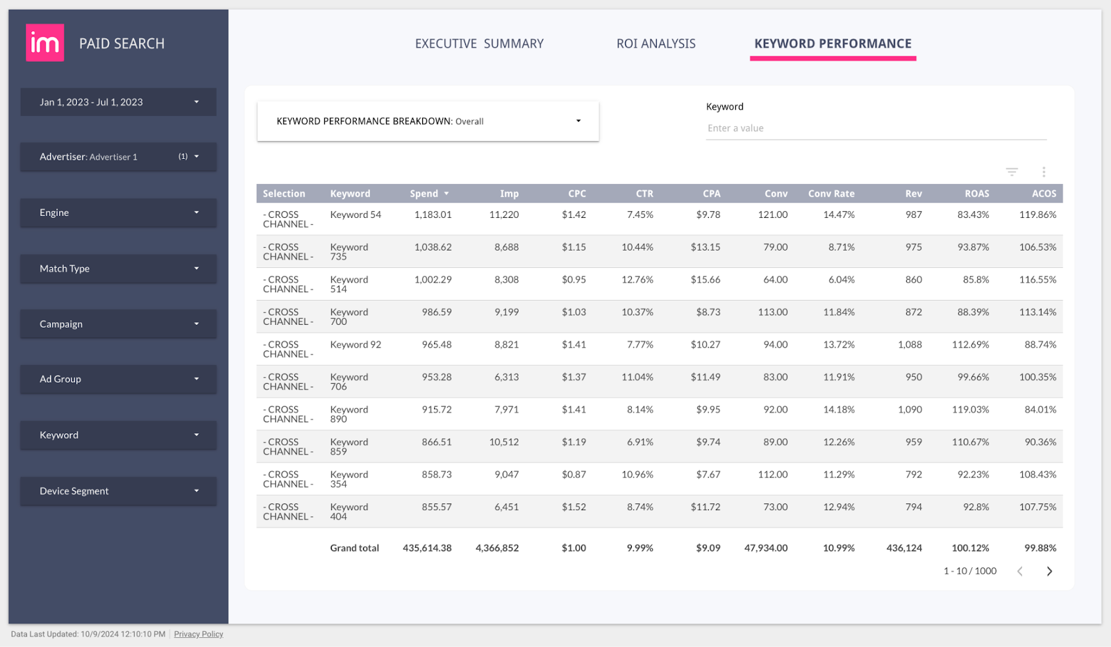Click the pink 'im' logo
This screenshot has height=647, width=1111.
[45, 43]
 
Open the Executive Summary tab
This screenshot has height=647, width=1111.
[479, 44]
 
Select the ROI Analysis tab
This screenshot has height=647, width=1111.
[655, 44]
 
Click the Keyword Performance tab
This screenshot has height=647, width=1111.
[833, 44]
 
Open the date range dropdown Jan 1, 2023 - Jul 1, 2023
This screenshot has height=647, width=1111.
[118, 102]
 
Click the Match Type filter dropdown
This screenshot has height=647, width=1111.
[118, 269]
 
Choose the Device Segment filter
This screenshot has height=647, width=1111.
[118, 491]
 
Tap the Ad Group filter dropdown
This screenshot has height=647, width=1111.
[118, 379]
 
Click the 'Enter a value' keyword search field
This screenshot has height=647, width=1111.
[875, 128]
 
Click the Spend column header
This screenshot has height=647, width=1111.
[424, 194]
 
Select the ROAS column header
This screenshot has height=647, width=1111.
[976, 194]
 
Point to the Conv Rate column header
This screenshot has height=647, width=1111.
[831, 194]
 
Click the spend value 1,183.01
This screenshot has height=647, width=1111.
[433, 215]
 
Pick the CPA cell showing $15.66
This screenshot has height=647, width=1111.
[705, 280]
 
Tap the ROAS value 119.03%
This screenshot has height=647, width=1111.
[970, 410]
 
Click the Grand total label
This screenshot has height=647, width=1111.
[354, 548]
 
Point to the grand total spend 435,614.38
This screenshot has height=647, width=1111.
[427, 548]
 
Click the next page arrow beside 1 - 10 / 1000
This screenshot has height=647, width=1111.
[1049, 571]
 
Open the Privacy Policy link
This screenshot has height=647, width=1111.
[199, 635]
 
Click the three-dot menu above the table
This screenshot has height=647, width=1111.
[1044, 172]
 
